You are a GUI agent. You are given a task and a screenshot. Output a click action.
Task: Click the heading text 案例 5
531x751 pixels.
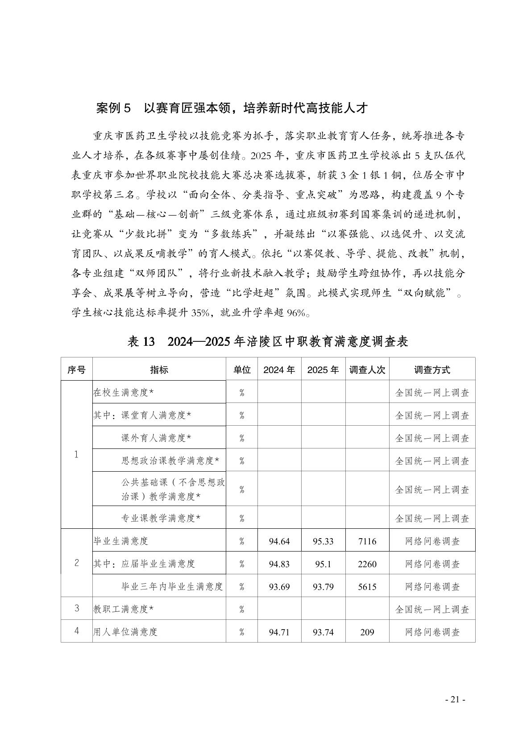click(x=114, y=108)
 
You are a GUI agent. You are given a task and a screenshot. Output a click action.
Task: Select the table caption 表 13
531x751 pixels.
click(x=141, y=342)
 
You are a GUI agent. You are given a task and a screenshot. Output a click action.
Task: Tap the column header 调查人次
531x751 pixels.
click(x=367, y=370)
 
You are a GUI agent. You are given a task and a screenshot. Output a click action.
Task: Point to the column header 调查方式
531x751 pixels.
click(x=432, y=370)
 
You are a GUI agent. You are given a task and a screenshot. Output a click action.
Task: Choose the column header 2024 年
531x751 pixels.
click(x=279, y=370)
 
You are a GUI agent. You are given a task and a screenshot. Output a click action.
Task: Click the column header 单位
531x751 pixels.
click(x=242, y=370)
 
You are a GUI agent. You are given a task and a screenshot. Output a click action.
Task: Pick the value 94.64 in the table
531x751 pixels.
click(x=279, y=541)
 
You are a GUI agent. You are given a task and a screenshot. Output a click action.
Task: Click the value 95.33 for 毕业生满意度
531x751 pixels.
click(x=323, y=541)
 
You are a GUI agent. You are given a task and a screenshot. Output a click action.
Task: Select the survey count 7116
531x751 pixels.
click(x=367, y=541)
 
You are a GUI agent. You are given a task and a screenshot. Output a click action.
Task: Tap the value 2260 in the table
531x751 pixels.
click(x=367, y=564)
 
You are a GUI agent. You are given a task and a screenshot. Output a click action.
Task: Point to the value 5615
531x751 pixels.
click(x=367, y=587)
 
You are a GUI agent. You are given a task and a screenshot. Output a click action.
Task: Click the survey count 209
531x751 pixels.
click(x=367, y=632)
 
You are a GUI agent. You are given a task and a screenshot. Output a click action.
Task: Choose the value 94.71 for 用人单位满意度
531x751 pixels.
click(x=279, y=632)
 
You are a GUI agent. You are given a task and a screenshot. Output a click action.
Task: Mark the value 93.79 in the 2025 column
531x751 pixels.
click(x=323, y=587)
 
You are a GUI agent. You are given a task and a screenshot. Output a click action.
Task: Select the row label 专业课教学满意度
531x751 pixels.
click(x=161, y=518)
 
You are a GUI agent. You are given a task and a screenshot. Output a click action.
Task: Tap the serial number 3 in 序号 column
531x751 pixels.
click(x=77, y=609)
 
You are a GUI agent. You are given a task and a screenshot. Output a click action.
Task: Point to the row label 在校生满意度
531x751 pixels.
click(x=124, y=393)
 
